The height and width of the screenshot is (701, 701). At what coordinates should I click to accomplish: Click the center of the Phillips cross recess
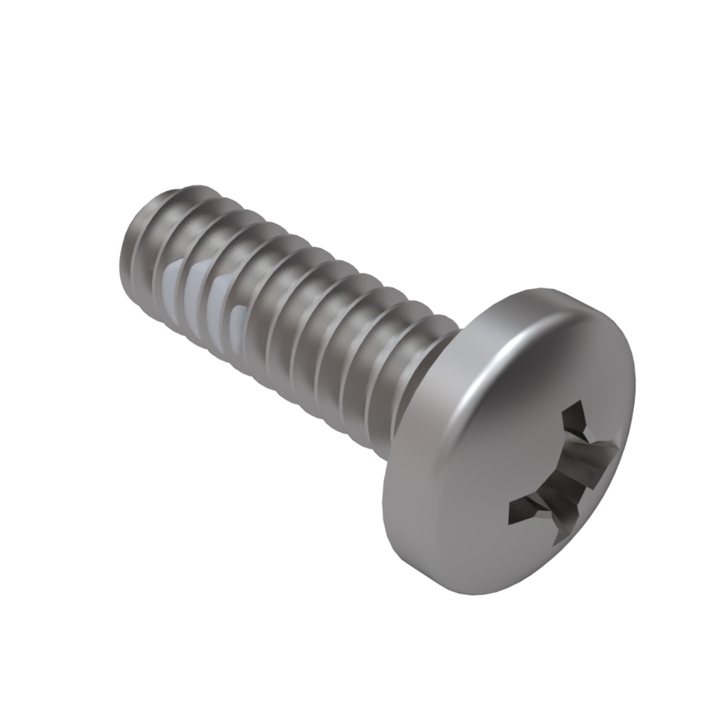coord(567,471)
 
